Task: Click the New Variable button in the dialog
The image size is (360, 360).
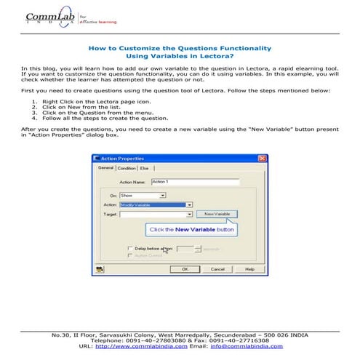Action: click(x=216, y=214)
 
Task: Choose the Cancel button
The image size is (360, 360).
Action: click(x=217, y=268)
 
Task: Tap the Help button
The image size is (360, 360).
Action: click(x=249, y=268)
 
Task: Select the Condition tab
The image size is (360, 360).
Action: click(x=127, y=168)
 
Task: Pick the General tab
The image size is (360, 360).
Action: click(x=106, y=168)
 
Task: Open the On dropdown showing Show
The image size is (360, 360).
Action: click(x=143, y=196)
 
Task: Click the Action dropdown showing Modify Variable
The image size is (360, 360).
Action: click(x=156, y=205)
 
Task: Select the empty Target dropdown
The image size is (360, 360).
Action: click(x=156, y=215)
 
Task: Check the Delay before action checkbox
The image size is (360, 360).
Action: click(x=129, y=249)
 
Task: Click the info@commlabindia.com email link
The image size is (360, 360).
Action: click(x=247, y=346)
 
